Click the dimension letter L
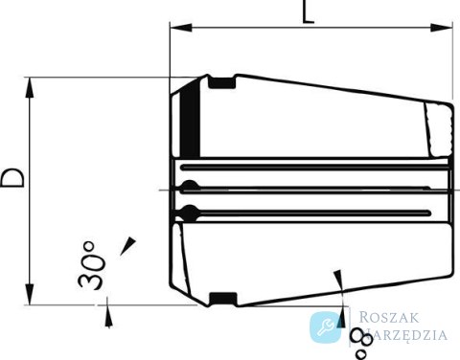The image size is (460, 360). coord(308,11)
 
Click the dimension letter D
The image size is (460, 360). coord(12,178)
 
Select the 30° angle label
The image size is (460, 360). coord(91,265)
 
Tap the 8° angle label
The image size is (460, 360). coord(362,344)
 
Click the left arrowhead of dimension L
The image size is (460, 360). coord(181,28)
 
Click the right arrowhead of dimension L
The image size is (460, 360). coord(442,28)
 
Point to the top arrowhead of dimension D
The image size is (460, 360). coord(30,87)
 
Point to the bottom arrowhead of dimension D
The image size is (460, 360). coord(30,295)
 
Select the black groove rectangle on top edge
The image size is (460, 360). coord(222,83)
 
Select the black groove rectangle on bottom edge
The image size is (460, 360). coord(223,298)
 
